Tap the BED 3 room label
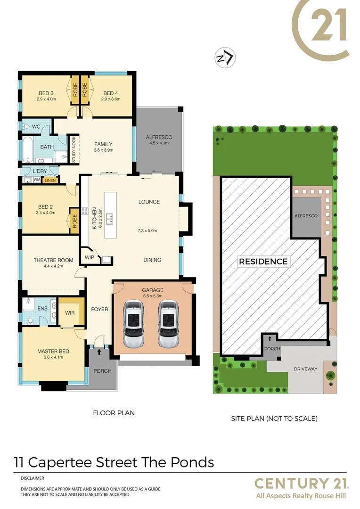(x=46, y=93)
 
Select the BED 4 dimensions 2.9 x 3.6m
(x=111, y=99)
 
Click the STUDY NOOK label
(x=74, y=150)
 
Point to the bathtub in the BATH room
(x=27, y=150)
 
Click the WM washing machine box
(x=36, y=180)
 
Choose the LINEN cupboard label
(x=49, y=180)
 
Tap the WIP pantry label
(x=90, y=257)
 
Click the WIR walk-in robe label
(x=70, y=313)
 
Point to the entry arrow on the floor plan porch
(x=99, y=351)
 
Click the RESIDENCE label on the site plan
(x=263, y=262)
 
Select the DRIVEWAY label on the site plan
(x=306, y=369)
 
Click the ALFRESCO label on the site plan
(x=306, y=215)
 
